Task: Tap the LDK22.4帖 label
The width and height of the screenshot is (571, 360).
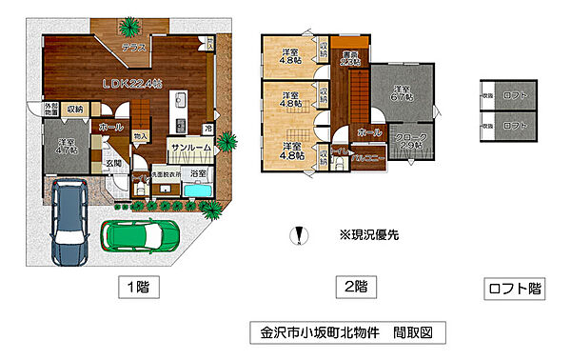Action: click(x=133, y=84)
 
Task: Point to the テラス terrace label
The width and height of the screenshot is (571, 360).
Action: click(x=133, y=47)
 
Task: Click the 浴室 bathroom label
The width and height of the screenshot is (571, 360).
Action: click(x=198, y=175)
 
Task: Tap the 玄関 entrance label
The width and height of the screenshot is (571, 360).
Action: click(x=114, y=165)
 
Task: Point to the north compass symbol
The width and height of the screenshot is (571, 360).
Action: click(x=300, y=234)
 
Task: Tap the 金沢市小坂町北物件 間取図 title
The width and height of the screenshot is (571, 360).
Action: click(x=346, y=333)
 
